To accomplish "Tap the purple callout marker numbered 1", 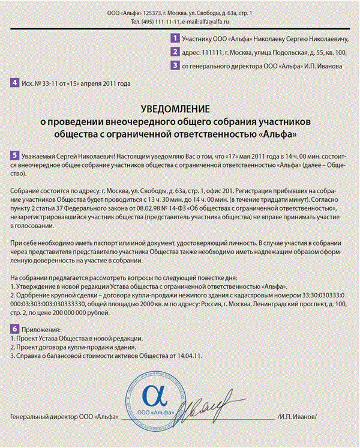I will pyautogui.click(x=175, y=38).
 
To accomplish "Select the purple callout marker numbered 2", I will pyautogui.click(x=175, y=52).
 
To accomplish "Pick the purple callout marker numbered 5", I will pyautogui.click(x=14, y=155).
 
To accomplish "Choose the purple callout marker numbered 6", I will pyautogui.click(x=14, y=330).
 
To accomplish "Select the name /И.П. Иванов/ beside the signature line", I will pyautogui.click(x=297, y=417).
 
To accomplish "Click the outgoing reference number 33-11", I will pyautogui.click(x=44, y=83).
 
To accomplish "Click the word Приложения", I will pyautogui.click(x=40, y=330).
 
